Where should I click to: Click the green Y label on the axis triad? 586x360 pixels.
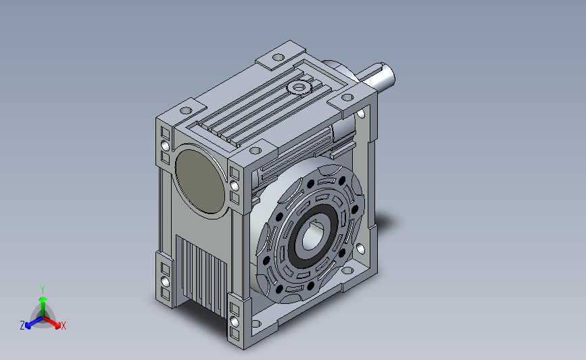tap(43, 290)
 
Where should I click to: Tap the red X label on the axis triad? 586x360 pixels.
tap(63, 326)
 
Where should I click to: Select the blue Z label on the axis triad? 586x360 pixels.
tap(22, 326)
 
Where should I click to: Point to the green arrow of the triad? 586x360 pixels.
tap(43, 307)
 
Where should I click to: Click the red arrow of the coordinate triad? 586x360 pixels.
tap(52, 322)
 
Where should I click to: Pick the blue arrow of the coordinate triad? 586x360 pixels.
tap(34, 323)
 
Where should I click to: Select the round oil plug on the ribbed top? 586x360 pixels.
tap(299, 88)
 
